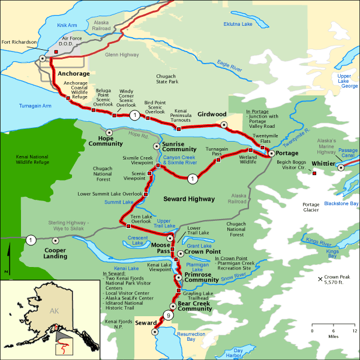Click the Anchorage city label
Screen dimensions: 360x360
click(73, 74)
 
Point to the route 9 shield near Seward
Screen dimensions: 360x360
click(169, 316)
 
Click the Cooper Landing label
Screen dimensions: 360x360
click(59, 253)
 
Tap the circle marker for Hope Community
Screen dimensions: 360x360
click(109, 132)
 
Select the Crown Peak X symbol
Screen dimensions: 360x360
click(320, 279)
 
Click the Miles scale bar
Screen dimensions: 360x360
click(334, 332)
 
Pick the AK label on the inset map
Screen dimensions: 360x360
click(55, 311)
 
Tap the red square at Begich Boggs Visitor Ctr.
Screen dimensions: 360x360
click(313, 174)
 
